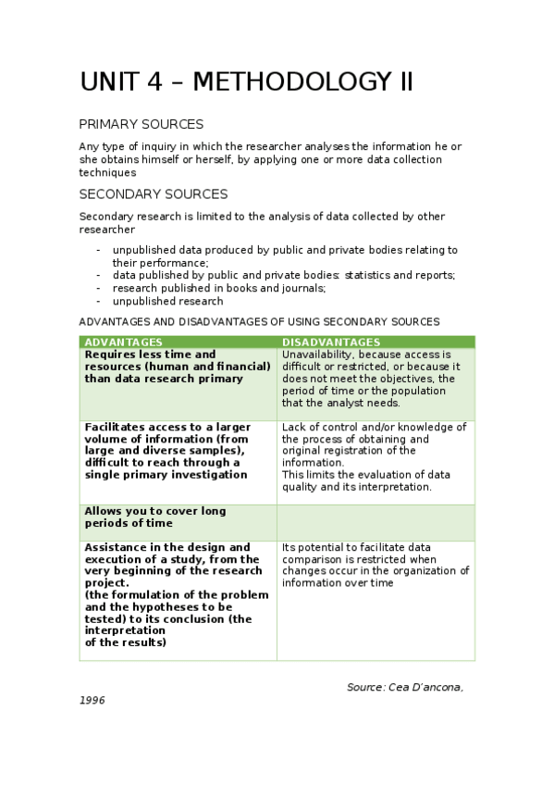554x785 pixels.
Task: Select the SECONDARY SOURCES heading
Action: (153, 194)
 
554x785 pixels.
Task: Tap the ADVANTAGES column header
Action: (123, 343)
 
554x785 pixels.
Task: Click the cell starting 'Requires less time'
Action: (178, 367)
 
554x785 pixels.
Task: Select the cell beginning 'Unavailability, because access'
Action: (375, 379)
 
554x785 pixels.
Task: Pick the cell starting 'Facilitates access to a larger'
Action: (178, 451)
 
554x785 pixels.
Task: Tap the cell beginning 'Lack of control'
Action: (375, 456)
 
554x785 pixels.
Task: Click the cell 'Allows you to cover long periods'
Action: (178, 517)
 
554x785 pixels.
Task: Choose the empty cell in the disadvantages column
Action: (375, 522)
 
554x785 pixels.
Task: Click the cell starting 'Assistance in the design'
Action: (178, 595)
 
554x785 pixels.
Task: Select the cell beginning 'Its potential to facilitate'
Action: (375, 565)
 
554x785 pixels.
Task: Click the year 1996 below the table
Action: (92, 700)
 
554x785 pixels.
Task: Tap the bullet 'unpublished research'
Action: (167, 301)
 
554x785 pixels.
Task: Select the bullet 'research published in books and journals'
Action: (219, 288)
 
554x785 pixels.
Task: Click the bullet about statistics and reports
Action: (284, 275)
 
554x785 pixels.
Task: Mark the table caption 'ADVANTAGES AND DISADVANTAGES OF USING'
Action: (259, 321)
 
